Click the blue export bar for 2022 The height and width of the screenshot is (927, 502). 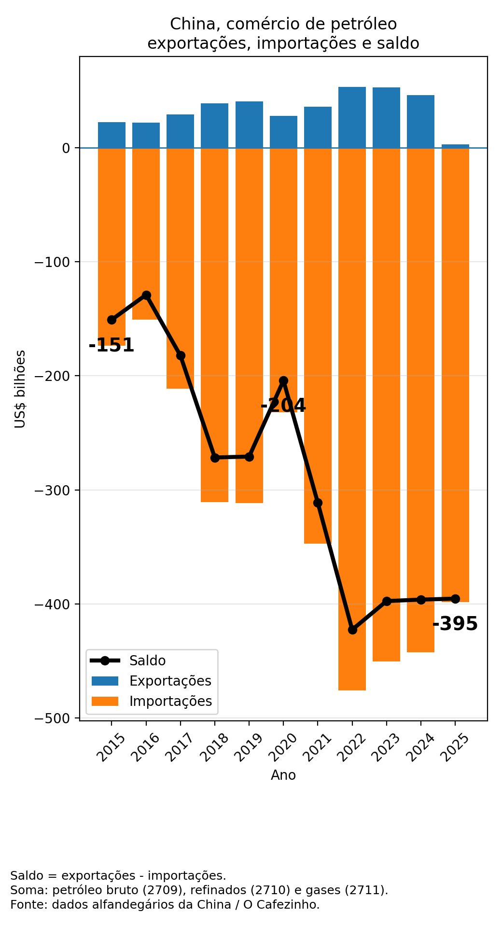352,117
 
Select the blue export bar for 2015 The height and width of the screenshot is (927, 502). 112,135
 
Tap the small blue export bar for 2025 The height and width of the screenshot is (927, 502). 455,146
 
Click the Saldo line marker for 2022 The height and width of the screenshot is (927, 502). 352,630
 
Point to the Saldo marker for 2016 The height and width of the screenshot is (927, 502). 146,295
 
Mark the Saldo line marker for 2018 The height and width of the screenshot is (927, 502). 215,457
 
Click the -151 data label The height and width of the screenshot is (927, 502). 112,346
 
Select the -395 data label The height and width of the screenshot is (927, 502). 455,624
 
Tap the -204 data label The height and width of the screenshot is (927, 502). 283,406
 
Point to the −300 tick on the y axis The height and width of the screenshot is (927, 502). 57,490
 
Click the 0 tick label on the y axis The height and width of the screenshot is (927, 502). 66,148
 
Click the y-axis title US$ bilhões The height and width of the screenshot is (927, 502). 20,389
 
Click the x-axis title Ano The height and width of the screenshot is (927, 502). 283,775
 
